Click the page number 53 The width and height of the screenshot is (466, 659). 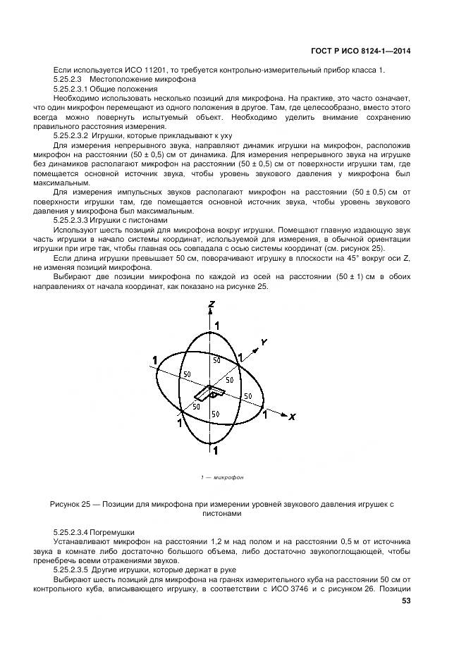click(x=406, y=601)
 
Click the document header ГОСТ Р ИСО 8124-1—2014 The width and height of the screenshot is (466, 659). click(x=361, y=51)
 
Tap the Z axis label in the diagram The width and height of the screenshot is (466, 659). click(x=211, y=304)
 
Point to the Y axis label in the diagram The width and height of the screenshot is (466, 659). click(x=263, y=342)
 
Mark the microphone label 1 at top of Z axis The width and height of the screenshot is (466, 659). click(x=217, y=325)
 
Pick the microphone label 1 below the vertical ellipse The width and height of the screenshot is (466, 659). click(x=216, y=450)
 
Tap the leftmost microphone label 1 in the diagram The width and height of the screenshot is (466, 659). click(x=154, y=361)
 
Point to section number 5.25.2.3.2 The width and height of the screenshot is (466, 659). click(x=75, y=135)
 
